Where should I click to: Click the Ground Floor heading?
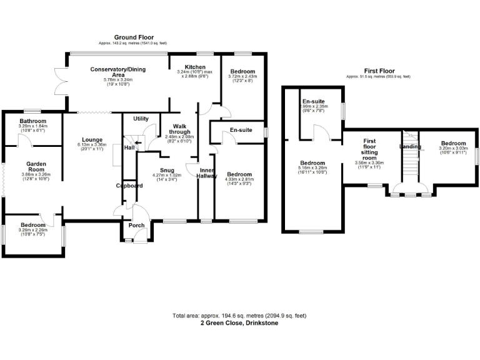tap(134, 37)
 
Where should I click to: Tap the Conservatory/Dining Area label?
tap(117, 72)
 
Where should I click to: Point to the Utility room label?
tap(141, 118)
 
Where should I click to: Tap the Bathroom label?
tap(32, 121)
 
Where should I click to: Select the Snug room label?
tap(166, 170)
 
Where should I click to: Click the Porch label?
tap(136, 225)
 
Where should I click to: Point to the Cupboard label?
tap(129, 186)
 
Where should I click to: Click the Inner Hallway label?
tap(207, 173)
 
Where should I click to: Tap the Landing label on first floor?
tap(411, 147)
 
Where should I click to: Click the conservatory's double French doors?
tap(60, 81)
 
